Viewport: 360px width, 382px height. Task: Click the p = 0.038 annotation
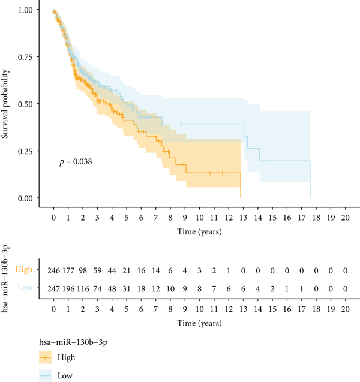[75, 161]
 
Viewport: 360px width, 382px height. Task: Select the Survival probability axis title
[7, 104]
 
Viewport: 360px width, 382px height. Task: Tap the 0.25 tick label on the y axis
[27, 151]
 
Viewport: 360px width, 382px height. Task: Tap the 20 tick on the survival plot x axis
[344, 218]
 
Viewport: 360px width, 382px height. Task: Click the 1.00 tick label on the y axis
[27, 10]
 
